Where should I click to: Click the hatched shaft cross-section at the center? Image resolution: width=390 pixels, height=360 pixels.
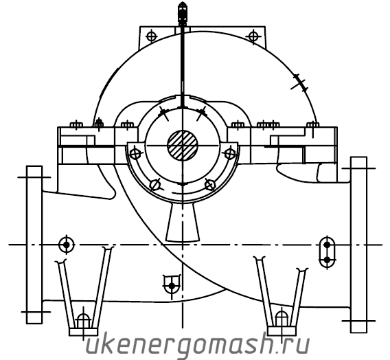click(183, 145)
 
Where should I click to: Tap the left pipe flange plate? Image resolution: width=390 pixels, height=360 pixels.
click(34, 245)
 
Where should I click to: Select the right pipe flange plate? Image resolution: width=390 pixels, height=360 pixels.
click(358, 245)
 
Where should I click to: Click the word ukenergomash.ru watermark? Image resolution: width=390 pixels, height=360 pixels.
click(198, 345)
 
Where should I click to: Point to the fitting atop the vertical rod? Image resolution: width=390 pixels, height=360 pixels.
click(183, 13)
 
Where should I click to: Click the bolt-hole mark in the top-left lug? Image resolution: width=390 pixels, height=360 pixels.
click(152, 36)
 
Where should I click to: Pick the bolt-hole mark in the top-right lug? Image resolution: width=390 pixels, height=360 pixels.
click(253, 36)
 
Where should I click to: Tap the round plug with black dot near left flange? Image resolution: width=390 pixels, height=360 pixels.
click(67, 245)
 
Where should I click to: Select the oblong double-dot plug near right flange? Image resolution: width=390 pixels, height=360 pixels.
click(327, 252)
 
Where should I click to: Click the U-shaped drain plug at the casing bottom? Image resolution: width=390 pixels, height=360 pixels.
click(172, 285)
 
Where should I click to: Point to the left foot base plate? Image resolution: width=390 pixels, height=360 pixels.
click(83, 332)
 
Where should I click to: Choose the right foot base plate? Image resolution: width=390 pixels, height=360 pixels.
click(282, 331)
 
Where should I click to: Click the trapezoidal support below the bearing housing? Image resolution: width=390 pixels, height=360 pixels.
click(183, 222)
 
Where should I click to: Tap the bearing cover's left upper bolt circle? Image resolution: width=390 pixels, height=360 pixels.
click(135, 153)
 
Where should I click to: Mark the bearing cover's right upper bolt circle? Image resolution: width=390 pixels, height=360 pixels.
click(230, 153)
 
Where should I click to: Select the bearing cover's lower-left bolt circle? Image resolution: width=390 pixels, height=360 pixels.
click(155, 185)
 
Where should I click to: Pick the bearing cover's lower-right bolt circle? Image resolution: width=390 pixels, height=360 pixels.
click(209, 185)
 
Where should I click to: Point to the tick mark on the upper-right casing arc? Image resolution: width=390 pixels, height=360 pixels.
click(300, 82)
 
